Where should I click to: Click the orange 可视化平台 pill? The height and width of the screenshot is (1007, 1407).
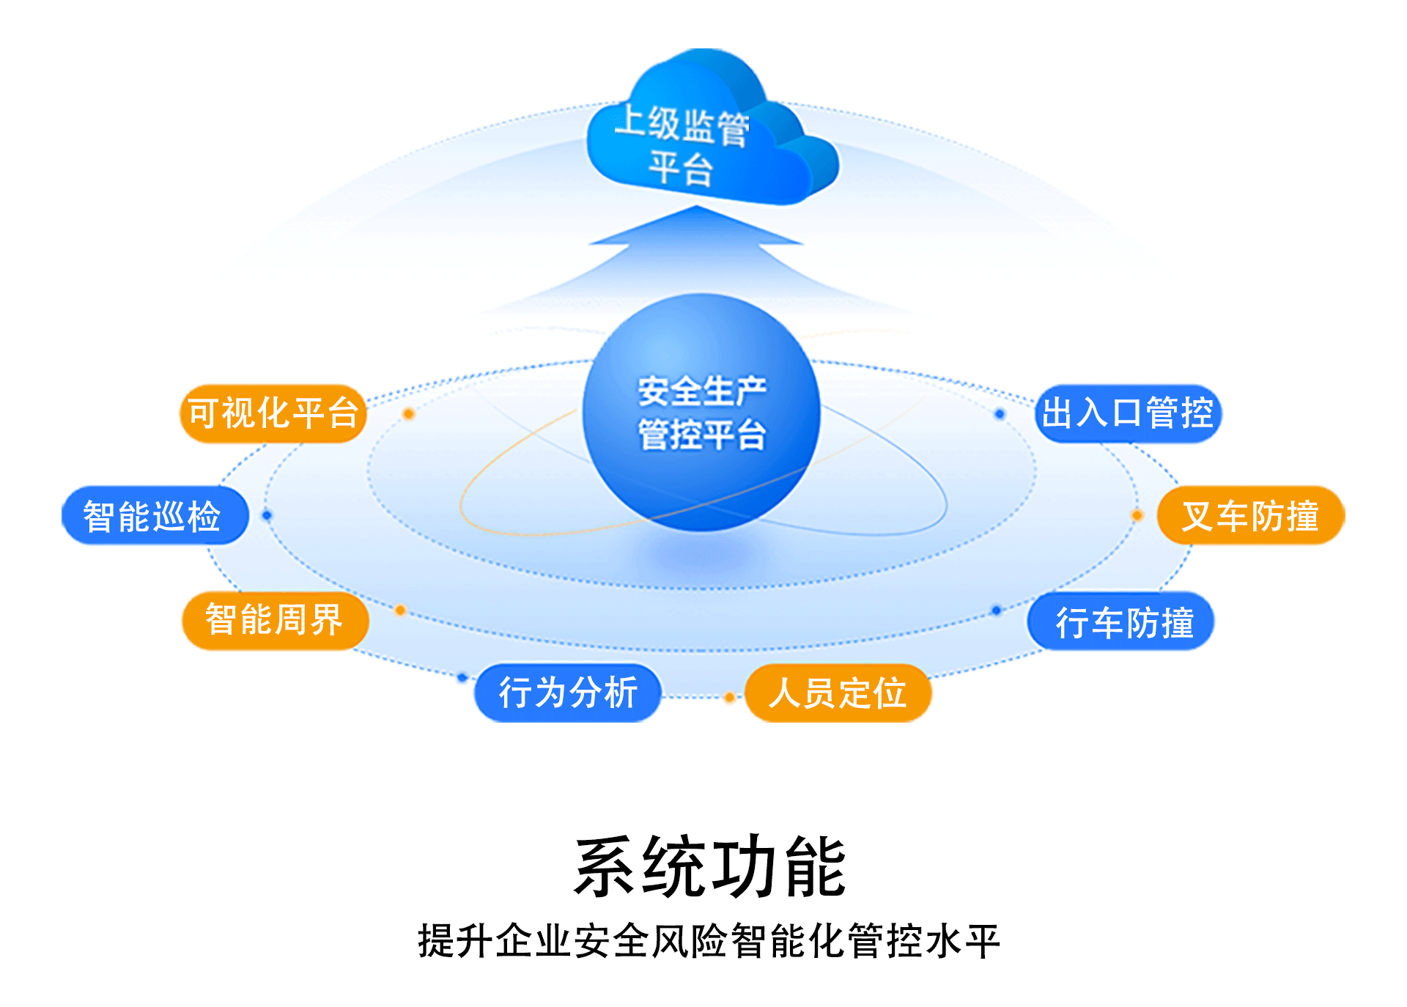click(x=273, y=413)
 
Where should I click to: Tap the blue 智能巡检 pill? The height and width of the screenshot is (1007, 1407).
click(x=155, y=516)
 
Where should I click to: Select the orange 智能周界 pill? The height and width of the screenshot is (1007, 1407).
click(x=275, y=621)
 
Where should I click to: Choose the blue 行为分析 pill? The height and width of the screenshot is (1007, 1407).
click(x=568, y=693)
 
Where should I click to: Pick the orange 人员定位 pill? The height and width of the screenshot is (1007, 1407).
click(x=838, y=693)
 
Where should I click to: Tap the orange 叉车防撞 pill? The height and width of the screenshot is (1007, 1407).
click(x=1250, y=516)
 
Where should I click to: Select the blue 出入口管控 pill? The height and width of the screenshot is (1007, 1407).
click(x=1129, y=413)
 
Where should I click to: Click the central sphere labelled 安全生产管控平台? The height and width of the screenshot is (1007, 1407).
click(x=701, y=413)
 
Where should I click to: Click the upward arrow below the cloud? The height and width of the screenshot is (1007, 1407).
click(x=696, y=242)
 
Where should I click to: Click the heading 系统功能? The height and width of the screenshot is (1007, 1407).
click(x=709, y=867)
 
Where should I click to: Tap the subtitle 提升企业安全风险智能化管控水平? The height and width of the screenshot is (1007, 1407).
click(x=709, y=941)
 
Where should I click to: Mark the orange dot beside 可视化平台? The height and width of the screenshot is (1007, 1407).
click(x=409, y=414)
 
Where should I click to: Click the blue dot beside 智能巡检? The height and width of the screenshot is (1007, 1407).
click(x=267, y=515)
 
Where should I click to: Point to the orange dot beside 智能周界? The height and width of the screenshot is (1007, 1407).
click(x=400, y=610)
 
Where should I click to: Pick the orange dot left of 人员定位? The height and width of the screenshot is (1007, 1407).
click(x=729, y=697)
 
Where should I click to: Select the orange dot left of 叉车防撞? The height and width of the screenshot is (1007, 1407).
click(x=1137, y=515)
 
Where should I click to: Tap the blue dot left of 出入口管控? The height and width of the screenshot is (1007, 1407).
click(x=1000, y=414)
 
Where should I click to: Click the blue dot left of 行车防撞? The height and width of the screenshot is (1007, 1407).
click(x=996, y=610)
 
